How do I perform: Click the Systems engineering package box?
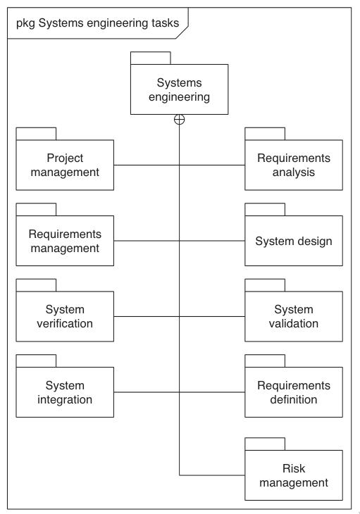(x=180, y=89)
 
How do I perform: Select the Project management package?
(x=65, y=165)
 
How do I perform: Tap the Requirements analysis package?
(x=294, y=165)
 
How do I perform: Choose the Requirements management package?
(x=65, y=241)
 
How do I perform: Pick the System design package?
(x=294, y=241)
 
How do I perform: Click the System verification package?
(x=65, y=316)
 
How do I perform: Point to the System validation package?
(x=294, y=316)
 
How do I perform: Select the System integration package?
(x=65, y=392)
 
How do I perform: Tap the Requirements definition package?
(x=294, y=392)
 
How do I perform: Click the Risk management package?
(x=294, y=475)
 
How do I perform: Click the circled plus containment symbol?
(x=180, y=120)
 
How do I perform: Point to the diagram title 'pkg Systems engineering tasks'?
(x=98, y=23)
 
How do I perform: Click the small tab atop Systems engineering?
(x=151, y=58)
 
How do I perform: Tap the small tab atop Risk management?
(x=265, y=444)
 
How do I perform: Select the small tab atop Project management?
(x=36, y=134)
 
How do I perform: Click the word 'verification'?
(x=65, y=324)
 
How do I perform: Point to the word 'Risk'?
(x=294, y=468)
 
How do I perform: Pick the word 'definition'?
(x=294, y=399)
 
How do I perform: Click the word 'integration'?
(x=65, y=400)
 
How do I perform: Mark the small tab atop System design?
(x=265, y=209)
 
